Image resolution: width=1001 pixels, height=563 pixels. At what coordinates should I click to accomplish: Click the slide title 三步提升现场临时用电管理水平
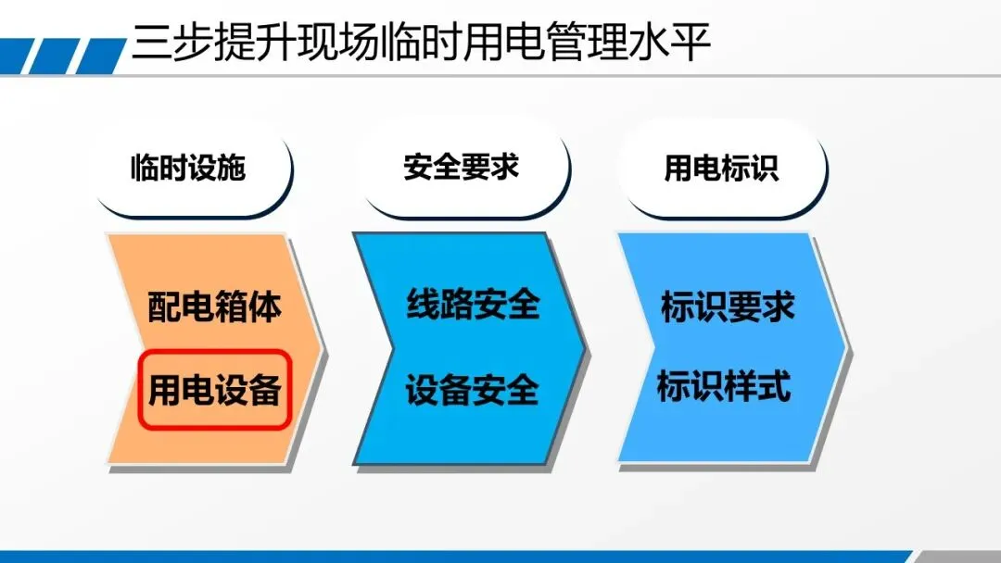[422, 43]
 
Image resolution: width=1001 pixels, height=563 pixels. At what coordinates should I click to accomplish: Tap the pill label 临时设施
[188, 169]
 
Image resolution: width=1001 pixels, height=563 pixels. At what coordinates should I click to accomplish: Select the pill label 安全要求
[461, 168]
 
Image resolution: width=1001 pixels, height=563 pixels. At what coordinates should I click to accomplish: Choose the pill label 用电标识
[721, 169]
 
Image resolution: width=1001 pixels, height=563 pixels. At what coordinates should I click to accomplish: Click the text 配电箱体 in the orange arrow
[214, 307]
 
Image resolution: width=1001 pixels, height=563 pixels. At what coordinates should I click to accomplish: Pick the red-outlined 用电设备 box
[215, 389]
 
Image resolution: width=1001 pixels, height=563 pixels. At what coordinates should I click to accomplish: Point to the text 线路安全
[473, 304]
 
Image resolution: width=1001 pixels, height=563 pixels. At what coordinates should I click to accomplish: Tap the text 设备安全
[472, 390]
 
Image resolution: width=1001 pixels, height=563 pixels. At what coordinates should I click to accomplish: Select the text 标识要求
[728, 307]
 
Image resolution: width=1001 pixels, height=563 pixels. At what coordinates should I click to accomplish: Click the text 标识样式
[724, 386]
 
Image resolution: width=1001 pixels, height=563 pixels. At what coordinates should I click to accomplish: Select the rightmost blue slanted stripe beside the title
[102, 56]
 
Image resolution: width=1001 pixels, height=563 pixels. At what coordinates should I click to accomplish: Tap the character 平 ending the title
[691, 44]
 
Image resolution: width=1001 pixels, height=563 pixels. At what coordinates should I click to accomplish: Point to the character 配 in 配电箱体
[164, 307]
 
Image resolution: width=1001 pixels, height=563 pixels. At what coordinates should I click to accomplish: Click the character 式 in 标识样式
[774, 386]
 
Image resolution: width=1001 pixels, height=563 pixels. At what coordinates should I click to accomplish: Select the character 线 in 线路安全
[423, 304]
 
